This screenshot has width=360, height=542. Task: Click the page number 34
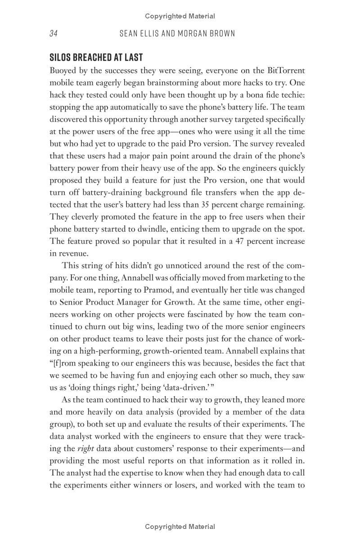(54, 34)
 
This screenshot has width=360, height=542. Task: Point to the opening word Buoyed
(63, 71)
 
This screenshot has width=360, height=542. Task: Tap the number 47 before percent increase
(243, 241)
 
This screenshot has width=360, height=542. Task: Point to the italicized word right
(85, 448)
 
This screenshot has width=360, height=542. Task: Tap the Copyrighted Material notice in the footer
(180, 527)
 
